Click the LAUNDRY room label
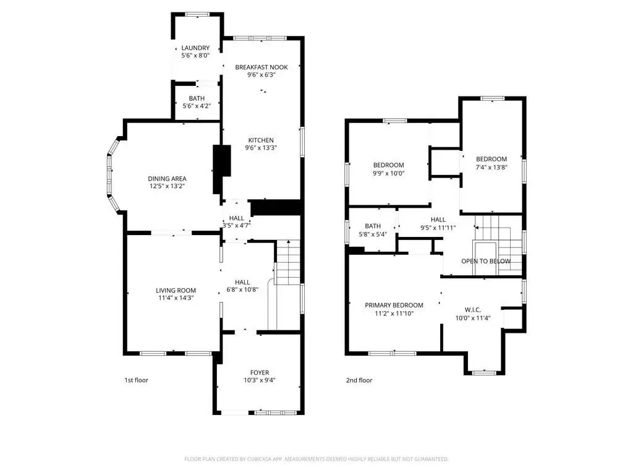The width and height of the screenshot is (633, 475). [195, 48]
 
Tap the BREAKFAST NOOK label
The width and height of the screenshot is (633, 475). [261, 67]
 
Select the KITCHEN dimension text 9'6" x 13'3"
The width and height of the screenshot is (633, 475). [261, 148]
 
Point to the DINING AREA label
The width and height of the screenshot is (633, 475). [167, 179]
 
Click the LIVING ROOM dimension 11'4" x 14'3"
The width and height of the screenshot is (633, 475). [176, 298]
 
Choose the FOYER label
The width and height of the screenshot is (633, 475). [260, 372]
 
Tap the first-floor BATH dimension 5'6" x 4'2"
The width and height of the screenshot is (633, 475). [197, 106]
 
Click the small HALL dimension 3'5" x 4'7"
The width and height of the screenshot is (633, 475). [237, 226]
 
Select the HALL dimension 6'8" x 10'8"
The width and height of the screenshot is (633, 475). [242, 289]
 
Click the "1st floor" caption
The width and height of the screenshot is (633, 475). [137, 380]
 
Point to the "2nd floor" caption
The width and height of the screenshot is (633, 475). [359, 380]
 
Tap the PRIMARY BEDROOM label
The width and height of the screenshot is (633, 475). [394, 306]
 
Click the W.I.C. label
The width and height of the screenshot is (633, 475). [473, 310]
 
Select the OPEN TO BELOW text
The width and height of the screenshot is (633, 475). [486, 262]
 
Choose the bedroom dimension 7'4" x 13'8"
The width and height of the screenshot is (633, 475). [491, 167]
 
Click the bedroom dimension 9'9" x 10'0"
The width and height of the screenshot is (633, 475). [388, 173]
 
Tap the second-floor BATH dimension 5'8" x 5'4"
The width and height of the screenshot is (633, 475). [373, 234]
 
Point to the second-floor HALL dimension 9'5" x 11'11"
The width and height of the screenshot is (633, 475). [438, 228]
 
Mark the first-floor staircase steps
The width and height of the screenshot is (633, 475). [287, 262]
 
